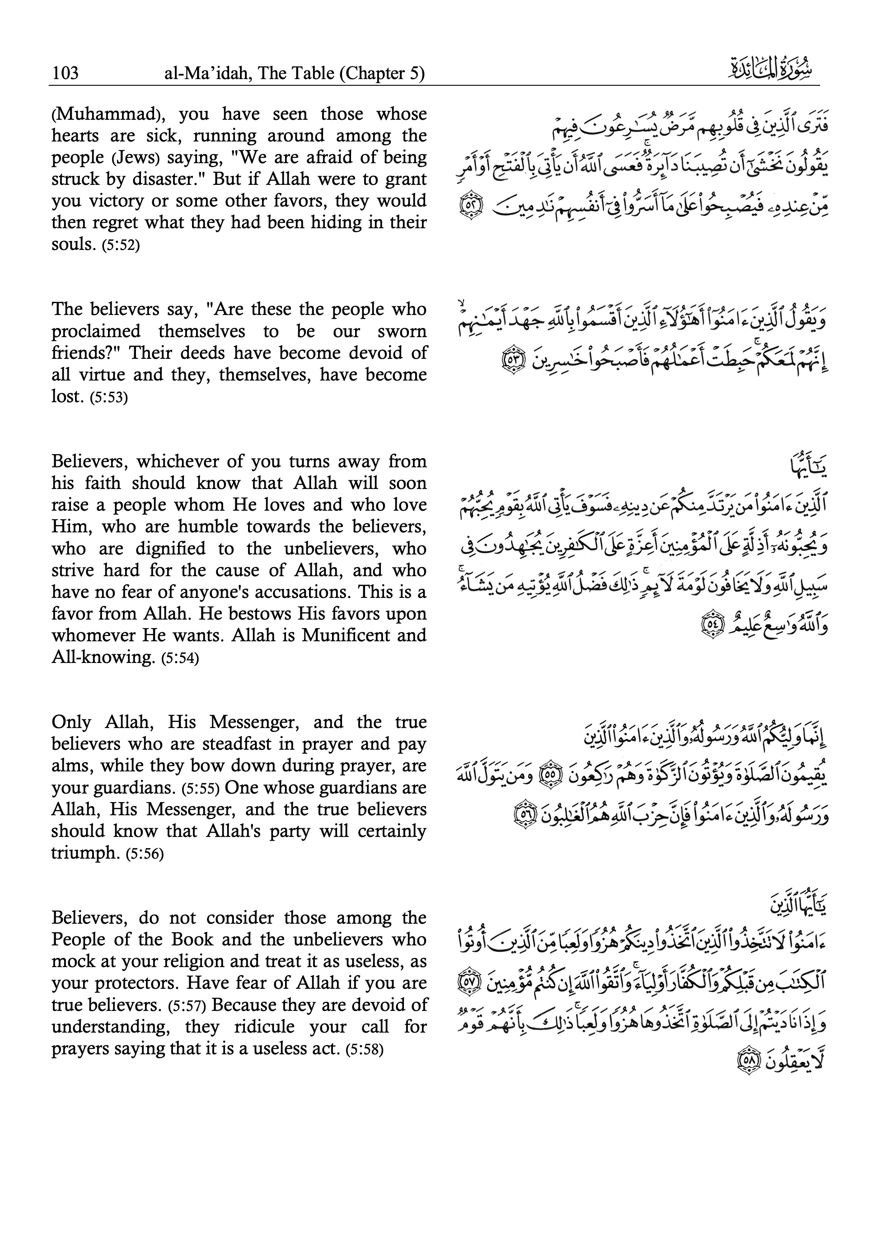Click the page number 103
pos(65,73)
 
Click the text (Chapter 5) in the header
pos(382,73)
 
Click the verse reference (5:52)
pos(121,245)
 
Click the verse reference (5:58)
pos(364,1050)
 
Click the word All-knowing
pos(104,658)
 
